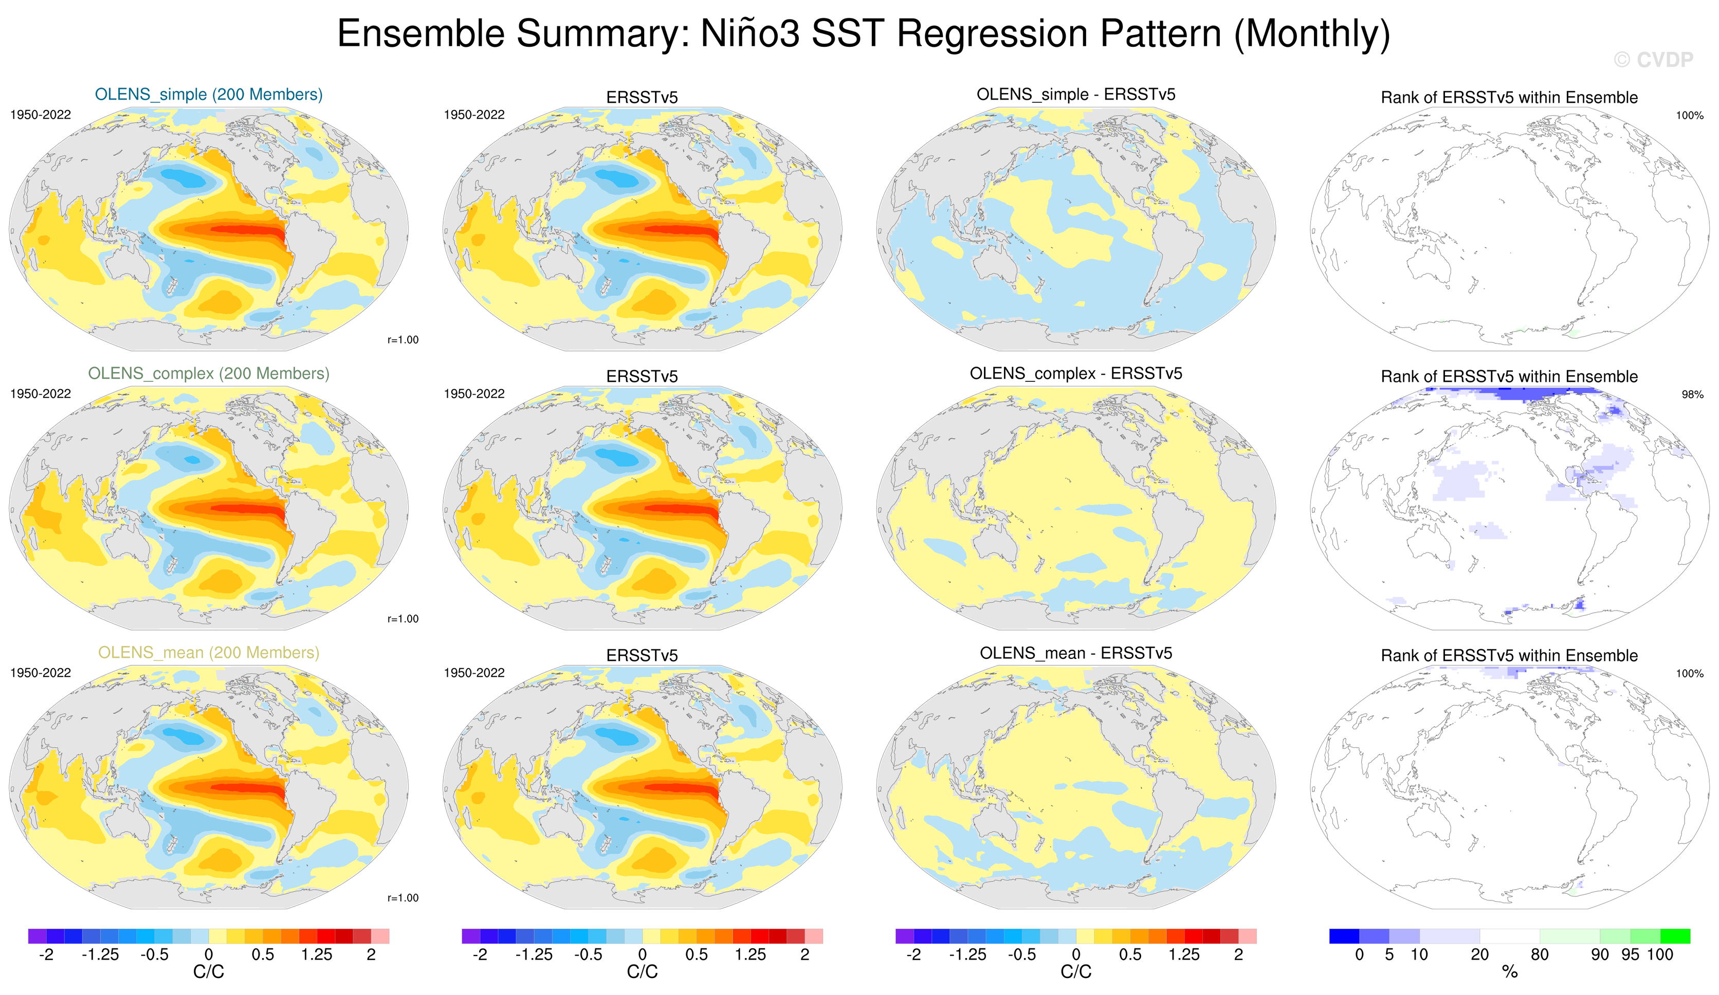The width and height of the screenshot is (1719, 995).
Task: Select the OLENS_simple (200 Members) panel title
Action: [208, 94]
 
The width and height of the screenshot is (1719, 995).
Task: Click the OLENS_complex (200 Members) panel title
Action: [208, 373]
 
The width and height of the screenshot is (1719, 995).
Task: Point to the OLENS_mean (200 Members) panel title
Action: [208, 652]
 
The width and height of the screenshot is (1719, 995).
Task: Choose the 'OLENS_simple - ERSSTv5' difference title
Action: [1076, 94]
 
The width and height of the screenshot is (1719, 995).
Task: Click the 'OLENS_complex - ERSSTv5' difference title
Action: [1076, 373]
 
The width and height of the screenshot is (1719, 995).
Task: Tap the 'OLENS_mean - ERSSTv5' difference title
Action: [1076, 653]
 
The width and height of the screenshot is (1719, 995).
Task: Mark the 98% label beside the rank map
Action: [1692, 394]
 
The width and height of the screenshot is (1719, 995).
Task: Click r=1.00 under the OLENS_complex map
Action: [403, 619]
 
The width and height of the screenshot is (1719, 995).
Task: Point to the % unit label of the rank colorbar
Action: [1510, 972]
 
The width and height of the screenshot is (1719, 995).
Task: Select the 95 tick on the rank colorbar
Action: [1630, 954]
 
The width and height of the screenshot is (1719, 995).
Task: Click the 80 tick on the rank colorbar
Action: [1540, 954]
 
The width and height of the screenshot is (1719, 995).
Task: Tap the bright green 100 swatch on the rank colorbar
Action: [1675, 936]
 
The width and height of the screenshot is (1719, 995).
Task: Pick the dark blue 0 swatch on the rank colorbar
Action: [1344, 936]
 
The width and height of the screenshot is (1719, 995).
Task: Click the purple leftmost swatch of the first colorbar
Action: [37, 936]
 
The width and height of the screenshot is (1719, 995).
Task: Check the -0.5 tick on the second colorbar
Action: [588, 954]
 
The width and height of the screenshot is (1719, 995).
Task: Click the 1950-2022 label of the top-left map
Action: [40, 115]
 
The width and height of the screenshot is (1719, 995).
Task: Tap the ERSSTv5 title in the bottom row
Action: [642, 655]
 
